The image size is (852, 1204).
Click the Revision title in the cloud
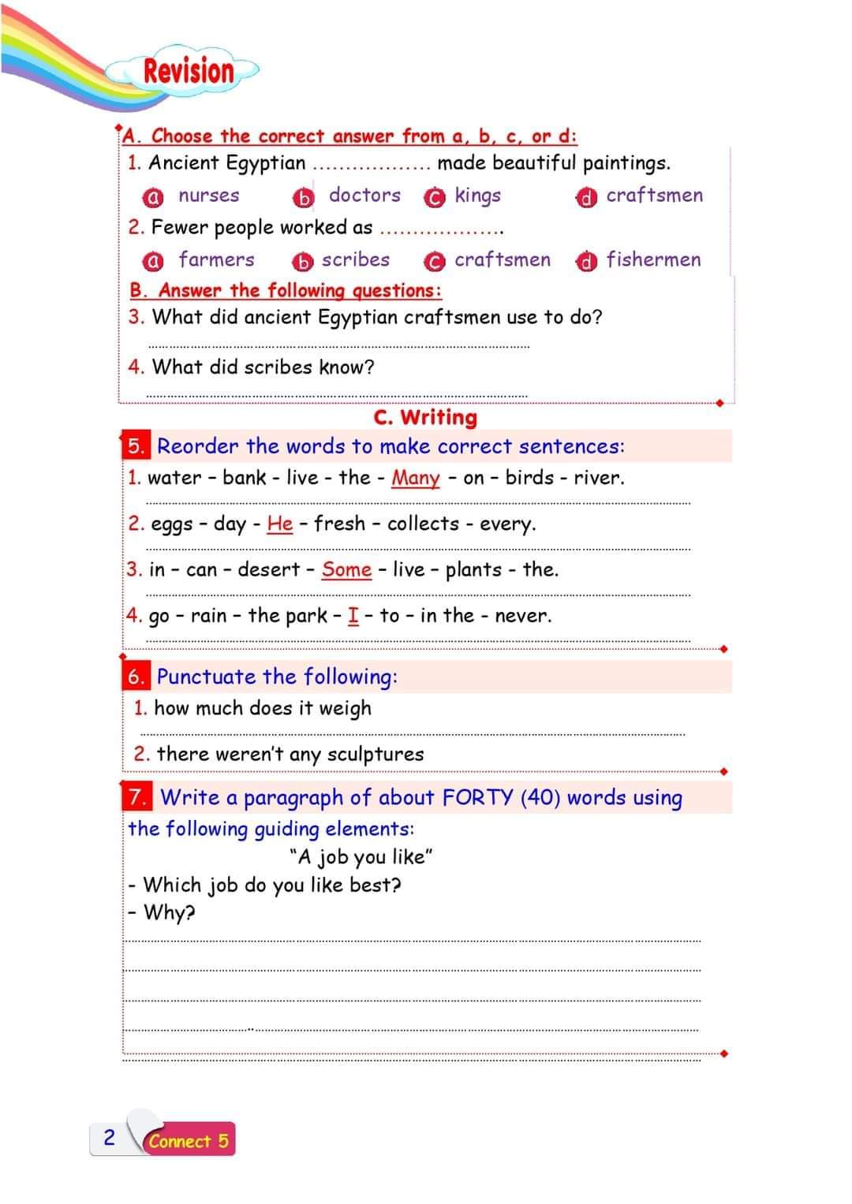pos(189,71)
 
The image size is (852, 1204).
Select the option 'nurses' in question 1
pos(208,196)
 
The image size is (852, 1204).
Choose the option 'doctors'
pos(364,195)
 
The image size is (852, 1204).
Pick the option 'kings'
pos(477,196)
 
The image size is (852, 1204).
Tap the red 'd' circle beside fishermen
pos(585,261)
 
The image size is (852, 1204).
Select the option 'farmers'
pos(216,259)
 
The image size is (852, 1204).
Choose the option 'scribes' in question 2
pos(355,259)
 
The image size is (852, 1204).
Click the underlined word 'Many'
pos(415,478)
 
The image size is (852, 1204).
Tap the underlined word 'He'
pos(279,524)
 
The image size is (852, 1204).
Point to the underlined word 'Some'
pos(346,569)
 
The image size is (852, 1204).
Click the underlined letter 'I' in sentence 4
pos(353,615)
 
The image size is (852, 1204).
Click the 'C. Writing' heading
pos(425,417)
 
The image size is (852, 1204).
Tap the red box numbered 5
pos(136,446)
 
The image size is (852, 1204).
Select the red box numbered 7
pos(137,797)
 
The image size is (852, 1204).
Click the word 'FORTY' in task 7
pos(478,797)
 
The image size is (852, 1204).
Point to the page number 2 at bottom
pos(110,1137)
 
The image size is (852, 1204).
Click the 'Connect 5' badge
pos(189,1140)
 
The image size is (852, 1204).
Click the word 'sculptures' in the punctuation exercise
pos(375,754)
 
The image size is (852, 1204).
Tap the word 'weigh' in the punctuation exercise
pos(345,708)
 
